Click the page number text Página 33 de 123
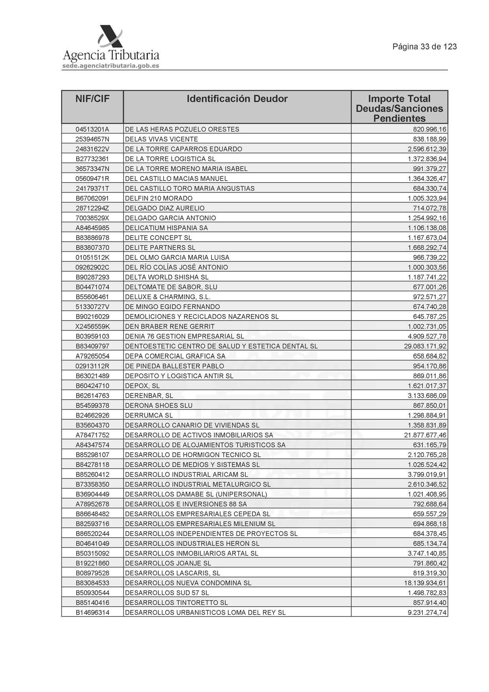(x=424, y=47)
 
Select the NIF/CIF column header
(x=92, y=99)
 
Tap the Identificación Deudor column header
(x=237, y=99)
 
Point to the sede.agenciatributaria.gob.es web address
(x=111, y=66)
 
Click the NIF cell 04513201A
(x=92, y=129)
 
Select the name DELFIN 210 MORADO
(x=159, y=198)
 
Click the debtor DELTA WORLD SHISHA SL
(x=166, y=277)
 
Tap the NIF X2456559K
(x=92, y=326)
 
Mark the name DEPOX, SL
(x=142, y=386)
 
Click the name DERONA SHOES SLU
(x=159, y=405)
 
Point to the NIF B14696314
(x=92, y=612)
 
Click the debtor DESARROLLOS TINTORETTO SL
(x=176, y=602)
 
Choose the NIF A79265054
(x=92, y=356)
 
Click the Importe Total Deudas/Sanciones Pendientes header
(x=399, y=108)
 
